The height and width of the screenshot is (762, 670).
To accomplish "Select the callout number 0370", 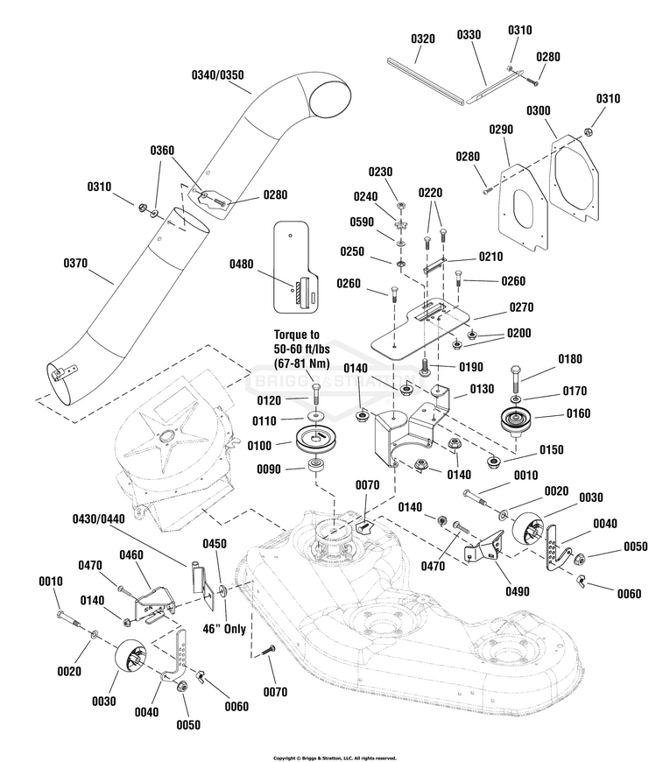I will tap(81, 262).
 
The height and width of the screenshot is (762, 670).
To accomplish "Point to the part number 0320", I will tap(422, 39).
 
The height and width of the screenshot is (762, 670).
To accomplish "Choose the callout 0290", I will tap(500, 130).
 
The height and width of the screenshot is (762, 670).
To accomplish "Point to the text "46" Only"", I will tap(224, 629).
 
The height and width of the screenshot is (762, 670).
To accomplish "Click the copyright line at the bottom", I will tap(335, 758).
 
